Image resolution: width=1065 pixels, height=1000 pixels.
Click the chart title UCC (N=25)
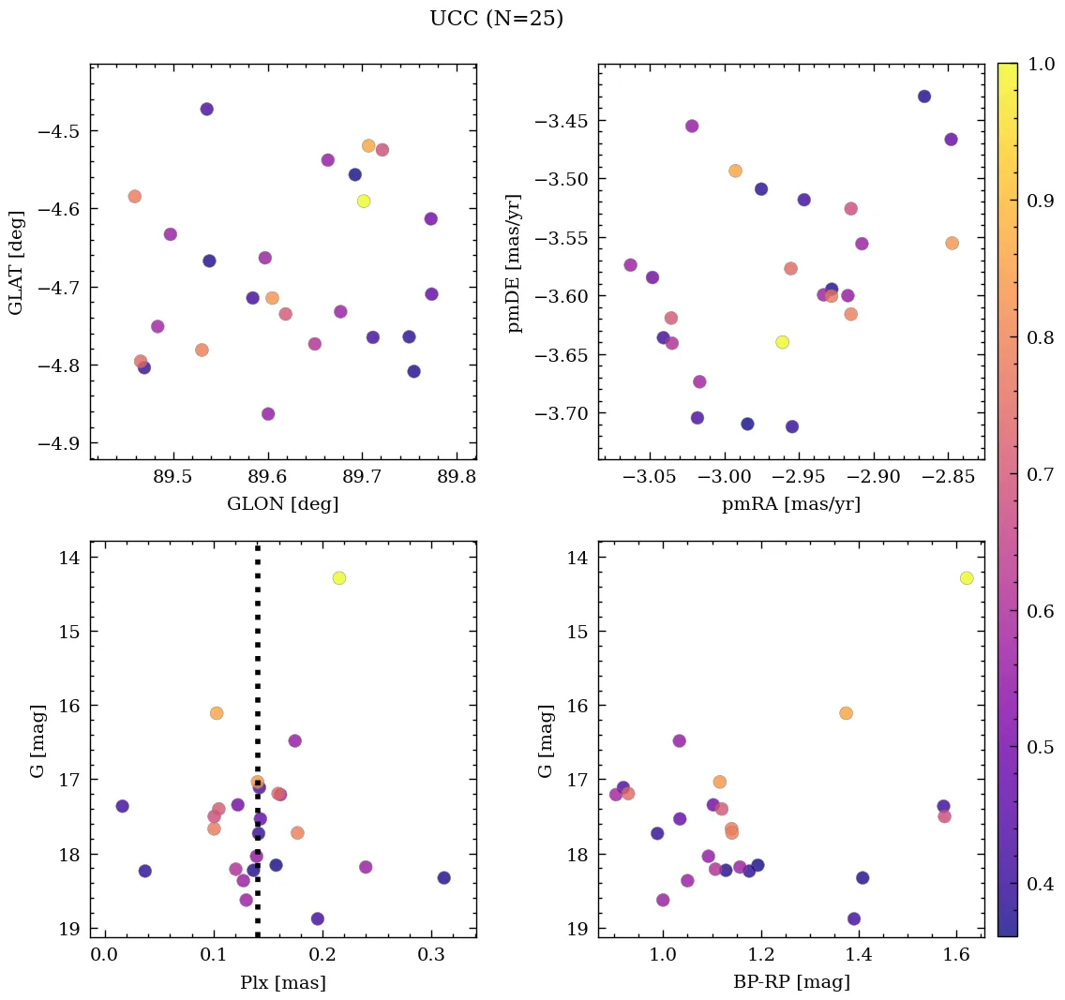pos(496,19)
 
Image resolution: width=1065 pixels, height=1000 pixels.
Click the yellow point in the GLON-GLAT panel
pos(364,201)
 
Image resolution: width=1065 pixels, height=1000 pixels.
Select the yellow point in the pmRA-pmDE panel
pos(782,342)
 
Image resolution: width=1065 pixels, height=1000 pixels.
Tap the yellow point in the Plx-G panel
pos(339,578)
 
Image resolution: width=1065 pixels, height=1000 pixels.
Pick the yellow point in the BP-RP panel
pos(967,578)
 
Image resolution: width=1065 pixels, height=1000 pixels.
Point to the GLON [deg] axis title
pos(282,504)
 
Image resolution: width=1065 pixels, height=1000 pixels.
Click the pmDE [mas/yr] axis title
pos(515,263)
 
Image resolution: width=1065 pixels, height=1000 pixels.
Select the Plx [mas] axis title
pos(282,983)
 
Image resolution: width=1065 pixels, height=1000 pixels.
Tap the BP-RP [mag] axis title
pos(791,983)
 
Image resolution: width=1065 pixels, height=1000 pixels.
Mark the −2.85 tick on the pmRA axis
pos(949,477)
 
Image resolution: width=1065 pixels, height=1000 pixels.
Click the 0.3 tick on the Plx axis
pos(432,955)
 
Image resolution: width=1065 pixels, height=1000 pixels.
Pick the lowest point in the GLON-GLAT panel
pos(268,414)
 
